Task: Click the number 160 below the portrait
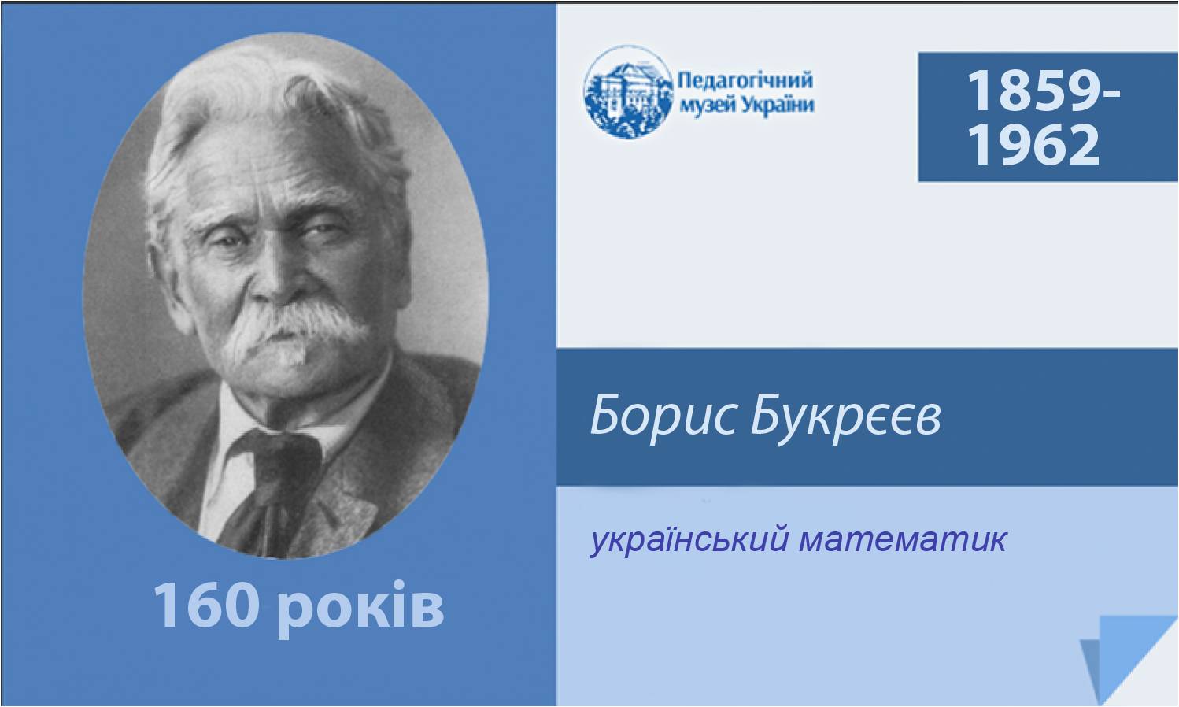pos(206,605)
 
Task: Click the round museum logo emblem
pos(628,92)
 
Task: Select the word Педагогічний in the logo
pos(745,80)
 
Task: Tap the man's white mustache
pos(294,329)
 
